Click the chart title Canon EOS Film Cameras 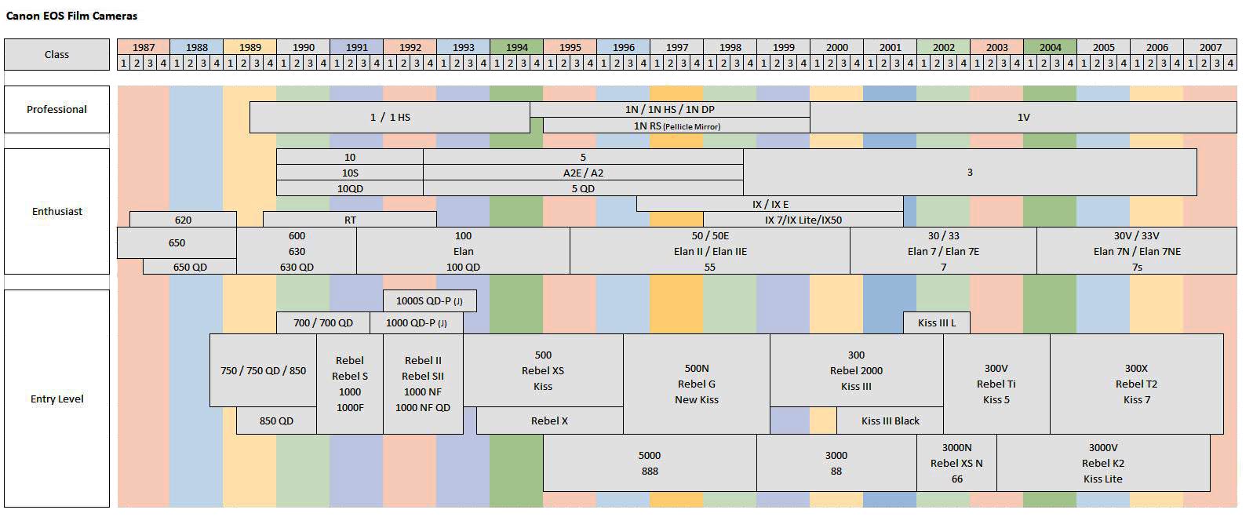[71, 16]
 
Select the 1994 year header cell [516, 47]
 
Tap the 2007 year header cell [1210, 47]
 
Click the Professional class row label [56, 109]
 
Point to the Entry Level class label [56, 399]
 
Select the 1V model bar [1023, 117]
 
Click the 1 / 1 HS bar [390, 117]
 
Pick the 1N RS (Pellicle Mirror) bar [676, 126]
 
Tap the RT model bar [350, 220]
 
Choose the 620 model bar [183, 220]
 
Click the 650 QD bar [190, 267]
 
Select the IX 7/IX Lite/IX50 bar [803, 220]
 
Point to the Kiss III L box [937, 322]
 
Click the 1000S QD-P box [429, 300]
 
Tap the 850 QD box [276, 421]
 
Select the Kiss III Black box [890, 421]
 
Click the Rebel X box [549, 421]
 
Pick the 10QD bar [350, 188]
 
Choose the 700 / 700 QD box [323, 322]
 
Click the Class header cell [56, 54]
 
